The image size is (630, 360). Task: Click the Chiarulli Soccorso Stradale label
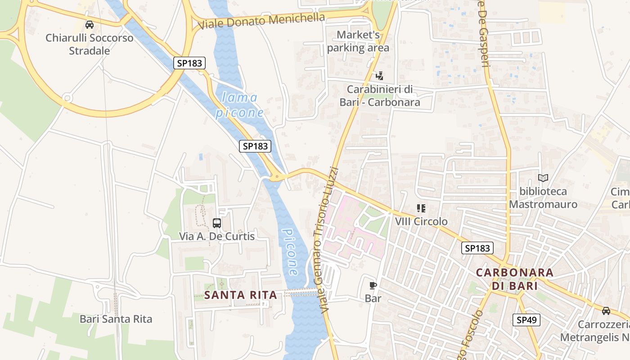click(90, 44)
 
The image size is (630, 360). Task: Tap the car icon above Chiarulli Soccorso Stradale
click(90, 25)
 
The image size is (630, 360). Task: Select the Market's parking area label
click(358, 41)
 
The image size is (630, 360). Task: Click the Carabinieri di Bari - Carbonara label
click(380, 96)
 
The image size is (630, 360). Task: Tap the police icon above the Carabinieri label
click(380, 76)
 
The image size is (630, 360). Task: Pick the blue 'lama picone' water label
click(239, 105)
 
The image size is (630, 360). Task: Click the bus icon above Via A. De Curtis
click(217, 223)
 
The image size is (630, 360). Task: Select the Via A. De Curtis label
click(217, 236)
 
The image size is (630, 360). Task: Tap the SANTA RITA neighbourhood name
click(241, 295)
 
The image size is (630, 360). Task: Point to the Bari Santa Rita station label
click(116, 319)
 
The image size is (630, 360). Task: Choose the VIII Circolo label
click(421, 221)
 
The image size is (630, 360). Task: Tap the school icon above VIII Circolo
click(421, 208)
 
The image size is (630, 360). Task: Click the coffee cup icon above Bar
click(373, 285)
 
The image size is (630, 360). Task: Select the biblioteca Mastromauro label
click(543, 198)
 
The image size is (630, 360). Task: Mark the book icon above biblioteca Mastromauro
click(543, 178)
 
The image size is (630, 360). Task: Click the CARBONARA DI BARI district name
click(515, 279)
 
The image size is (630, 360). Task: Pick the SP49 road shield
click(526, 320)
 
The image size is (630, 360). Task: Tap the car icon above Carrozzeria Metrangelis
click(606, 310)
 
